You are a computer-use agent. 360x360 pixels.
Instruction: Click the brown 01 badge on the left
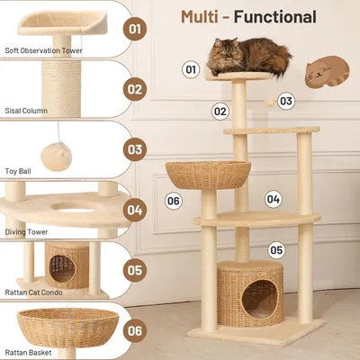135,30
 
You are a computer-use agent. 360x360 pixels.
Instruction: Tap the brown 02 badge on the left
135,89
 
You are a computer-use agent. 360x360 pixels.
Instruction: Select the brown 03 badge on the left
135,149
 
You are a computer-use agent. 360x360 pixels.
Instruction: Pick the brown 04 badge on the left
135,210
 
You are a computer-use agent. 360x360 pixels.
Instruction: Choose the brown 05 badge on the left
135,269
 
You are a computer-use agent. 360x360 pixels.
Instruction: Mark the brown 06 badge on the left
135,329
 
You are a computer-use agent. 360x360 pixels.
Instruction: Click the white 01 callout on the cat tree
191,68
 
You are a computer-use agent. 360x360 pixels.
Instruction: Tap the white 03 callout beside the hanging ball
286,101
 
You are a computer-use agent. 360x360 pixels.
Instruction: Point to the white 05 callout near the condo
276,250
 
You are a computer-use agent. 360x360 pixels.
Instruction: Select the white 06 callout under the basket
174,200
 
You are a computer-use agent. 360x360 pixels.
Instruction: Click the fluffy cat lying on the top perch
249,56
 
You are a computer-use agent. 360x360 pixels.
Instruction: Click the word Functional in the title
274,16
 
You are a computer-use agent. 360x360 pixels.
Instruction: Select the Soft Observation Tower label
42,51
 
